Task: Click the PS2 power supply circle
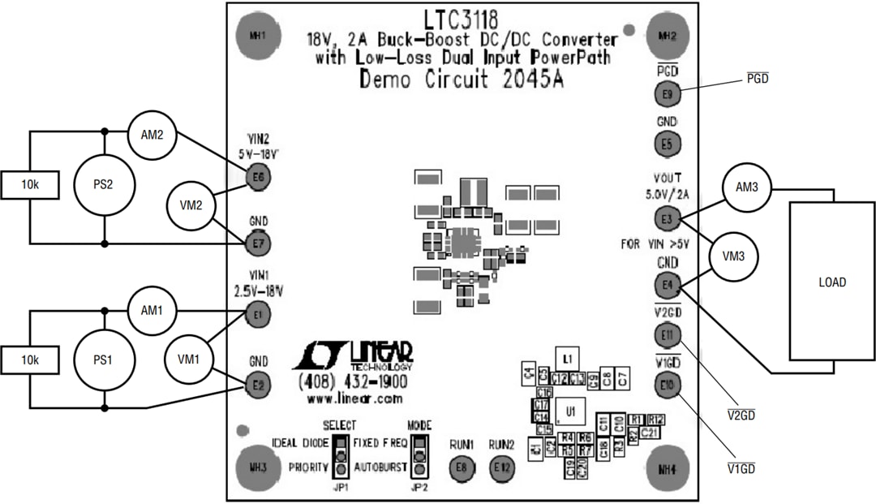pos(104,185)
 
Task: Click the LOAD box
pos(832,282)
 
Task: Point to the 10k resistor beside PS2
pos(30,185)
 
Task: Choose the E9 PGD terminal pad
pos(667,95)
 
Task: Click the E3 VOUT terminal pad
pos(667,219)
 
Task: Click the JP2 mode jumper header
pos(419,457)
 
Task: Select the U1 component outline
pos(571,411)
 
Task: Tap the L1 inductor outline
pos(568,358)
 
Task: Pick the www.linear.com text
pos(354,398)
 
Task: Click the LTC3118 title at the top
pos(461,18)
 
